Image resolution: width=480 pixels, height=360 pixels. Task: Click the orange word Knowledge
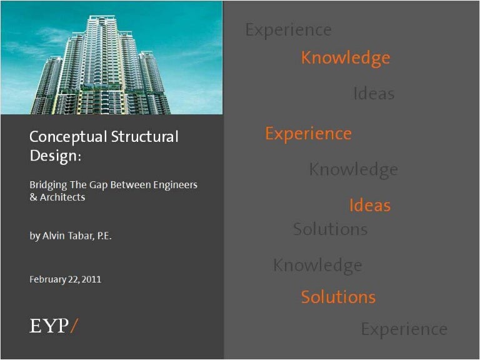pyautogui.click(x=346, y=58)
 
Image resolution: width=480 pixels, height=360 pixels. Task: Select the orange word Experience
pyautogui.click(x=309, y=134)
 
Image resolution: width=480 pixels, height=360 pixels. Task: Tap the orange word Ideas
pyautogui.click(x=370, y=205)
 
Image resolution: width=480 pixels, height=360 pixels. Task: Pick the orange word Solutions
pyautogui.click(x=338, y=297)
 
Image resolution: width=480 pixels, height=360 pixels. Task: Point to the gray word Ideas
pyautogui.click(x=374, y=93)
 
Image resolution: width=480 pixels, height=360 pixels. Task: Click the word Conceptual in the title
pyautogui.click(x=68, y=137)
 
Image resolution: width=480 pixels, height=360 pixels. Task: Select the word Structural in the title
pyautogui.click(x=145, y=136)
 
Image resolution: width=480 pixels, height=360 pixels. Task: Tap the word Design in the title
pyautogui.click(x=53, y=156)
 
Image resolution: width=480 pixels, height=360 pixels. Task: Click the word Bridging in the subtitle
pyautogui.click(x=48, y=185)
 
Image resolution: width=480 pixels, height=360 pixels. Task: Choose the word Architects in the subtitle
pyautogui.click(x=62, y=197)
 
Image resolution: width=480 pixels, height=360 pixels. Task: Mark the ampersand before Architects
pyautogui.click(x=33, y=197)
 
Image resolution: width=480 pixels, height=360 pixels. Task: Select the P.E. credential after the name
pyautogui.click(x=104, y=236)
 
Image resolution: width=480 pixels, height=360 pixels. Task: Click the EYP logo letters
pyautogui.click(x=49, y=326)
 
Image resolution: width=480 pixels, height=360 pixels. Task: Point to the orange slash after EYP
pyautogui.click(x=74, y=326)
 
